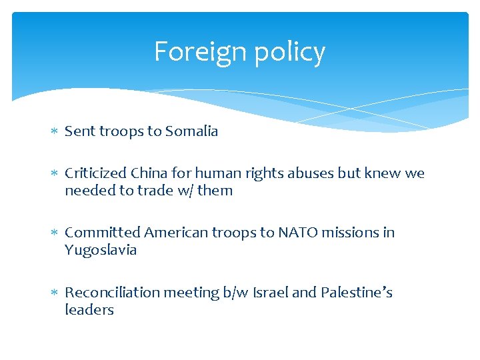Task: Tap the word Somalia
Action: tap(193, 131)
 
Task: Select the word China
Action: tap(149, 173)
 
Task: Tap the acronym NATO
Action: tap(299, 233)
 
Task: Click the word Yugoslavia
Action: tap(101, 251)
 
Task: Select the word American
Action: tap(176, 233)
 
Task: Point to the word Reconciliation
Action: tap(111, 293)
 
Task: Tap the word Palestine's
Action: tap(357, 293)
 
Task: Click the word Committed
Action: tap(102, 233)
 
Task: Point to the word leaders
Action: tap(89, 310)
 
